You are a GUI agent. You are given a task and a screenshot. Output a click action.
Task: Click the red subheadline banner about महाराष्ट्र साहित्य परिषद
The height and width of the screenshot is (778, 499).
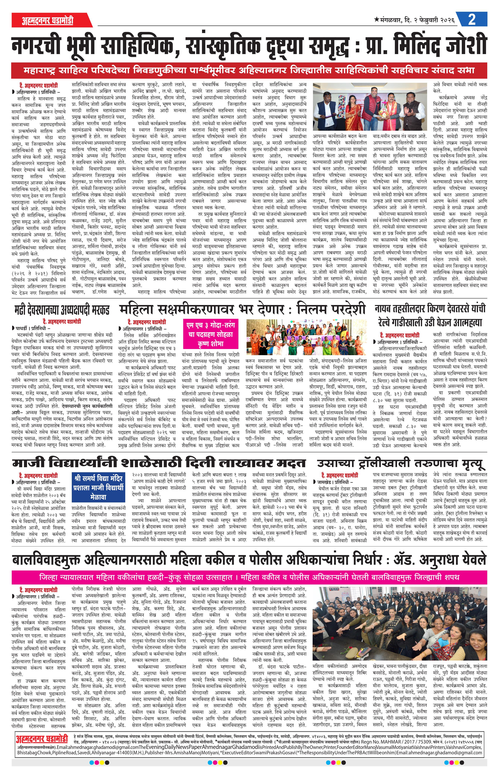[249, 70]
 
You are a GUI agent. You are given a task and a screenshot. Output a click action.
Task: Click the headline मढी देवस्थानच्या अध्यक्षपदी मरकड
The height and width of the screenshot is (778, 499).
[62, 310]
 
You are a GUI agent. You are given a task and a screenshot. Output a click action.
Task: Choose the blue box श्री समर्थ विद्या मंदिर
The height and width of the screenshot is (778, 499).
[98, 487]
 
